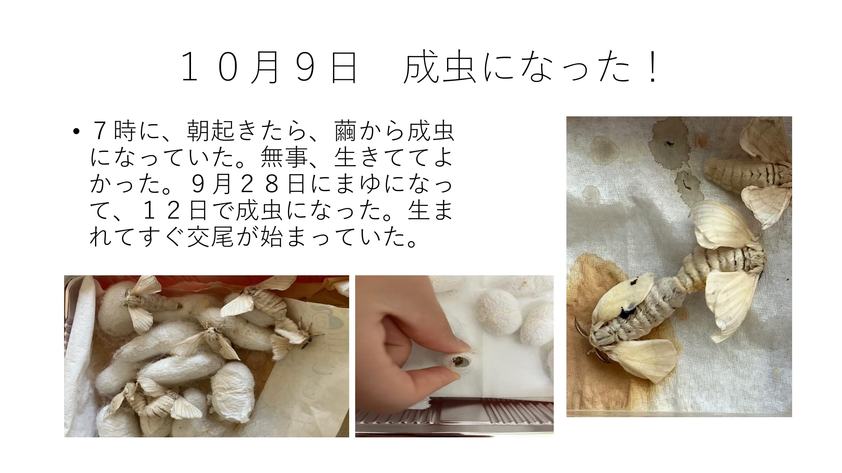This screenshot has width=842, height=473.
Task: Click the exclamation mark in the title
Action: pos(653,67)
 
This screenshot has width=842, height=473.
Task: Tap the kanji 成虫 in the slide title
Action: pos(440,67)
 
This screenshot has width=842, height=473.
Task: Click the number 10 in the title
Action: pos(209,67)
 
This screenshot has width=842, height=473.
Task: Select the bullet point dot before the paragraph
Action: pos(76,131)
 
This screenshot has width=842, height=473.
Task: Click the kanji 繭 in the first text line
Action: pos(345,131)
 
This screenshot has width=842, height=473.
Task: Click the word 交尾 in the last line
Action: pos(211,237)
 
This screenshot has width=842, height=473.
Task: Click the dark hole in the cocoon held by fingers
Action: pos(457,361)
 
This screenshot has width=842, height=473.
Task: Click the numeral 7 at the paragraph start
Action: pos(100,131)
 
